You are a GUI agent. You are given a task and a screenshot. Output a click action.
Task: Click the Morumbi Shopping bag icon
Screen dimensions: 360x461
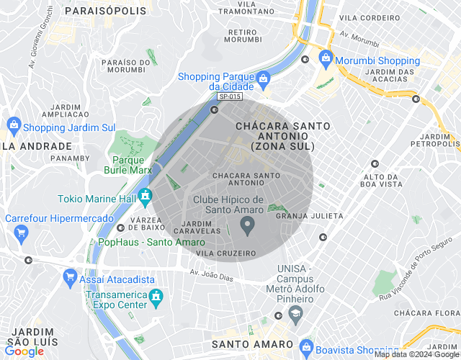click(326, 58)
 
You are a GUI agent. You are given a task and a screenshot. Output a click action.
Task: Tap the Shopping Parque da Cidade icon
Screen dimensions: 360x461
click(263, 77)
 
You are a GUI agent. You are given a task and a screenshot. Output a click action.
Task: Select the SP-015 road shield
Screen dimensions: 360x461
click(230, 96)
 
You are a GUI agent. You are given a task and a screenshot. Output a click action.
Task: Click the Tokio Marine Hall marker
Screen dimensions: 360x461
click(145, 194)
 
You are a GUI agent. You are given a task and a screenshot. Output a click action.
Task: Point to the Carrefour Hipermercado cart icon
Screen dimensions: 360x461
click(20, 233)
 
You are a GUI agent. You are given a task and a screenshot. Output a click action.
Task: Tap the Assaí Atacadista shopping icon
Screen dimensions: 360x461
click(70, 276)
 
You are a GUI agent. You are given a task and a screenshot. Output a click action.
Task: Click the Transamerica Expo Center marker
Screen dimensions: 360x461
click(155, 296)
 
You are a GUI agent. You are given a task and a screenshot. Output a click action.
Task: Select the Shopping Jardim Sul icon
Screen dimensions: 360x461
click(14, 125)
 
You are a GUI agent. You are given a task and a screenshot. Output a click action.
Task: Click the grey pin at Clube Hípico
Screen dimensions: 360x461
click(248, 228)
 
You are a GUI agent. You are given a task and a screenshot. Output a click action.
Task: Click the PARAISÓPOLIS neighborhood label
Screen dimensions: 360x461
click(105, 11)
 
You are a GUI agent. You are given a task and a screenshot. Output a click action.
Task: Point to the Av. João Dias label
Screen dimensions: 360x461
click(212, 272)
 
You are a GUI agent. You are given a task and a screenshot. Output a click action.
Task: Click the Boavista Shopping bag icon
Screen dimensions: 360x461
click(305, 347)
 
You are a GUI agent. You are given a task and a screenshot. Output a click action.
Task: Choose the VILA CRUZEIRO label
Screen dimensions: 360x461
click(226, 253)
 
